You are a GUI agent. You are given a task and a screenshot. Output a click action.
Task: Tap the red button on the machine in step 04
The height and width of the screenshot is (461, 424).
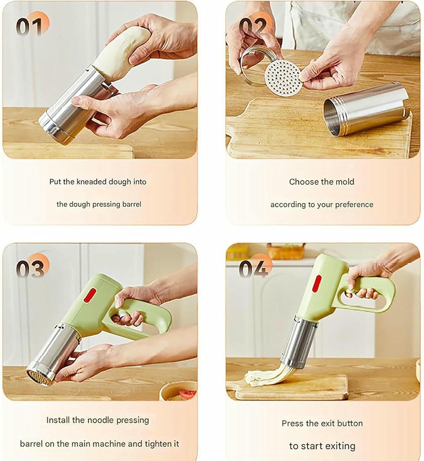coord(317,283)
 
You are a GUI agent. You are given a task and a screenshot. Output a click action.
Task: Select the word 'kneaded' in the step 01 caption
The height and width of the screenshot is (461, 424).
coord(91,182)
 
